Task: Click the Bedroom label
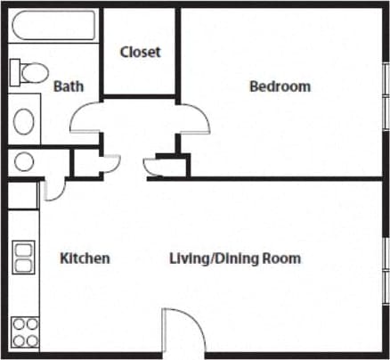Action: (280, 86)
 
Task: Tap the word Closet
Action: (140, 52)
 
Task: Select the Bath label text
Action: (69, 86)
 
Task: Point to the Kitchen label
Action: (85, 258)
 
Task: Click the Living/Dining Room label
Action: (235, 258)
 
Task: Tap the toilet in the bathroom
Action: (31, 71)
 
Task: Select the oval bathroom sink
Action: (25, 119)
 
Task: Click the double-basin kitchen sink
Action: (23, 258)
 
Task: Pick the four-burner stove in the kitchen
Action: (24, 331)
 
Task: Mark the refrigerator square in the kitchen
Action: (23, 195)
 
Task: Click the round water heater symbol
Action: (24, 162)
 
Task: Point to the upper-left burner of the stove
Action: (19, 324)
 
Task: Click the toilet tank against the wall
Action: (15, 71)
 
